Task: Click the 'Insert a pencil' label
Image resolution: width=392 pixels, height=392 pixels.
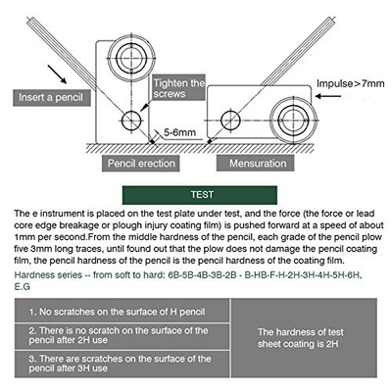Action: [x=52, y=97]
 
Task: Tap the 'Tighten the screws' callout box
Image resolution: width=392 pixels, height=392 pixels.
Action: [x=178, y=88]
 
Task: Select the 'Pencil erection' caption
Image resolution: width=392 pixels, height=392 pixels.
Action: [x=141, y=164]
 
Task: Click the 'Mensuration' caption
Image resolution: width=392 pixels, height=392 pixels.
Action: [x=255, y=164]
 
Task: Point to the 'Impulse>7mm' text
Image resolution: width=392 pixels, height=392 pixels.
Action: [x=351, y=83]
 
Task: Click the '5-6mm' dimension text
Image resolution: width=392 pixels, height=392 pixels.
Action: [x=179, y=132]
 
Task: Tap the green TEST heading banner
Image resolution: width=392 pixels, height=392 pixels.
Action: [x=200, y=195]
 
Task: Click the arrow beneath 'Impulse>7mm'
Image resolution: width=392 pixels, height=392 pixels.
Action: [x=328, y=96]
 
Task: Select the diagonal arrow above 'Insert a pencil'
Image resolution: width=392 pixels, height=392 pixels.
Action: [x=57, y=74]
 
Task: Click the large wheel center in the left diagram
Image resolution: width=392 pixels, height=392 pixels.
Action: [x=131, y=58]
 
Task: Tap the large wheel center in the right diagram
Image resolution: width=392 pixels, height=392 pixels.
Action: [x=294, y=120]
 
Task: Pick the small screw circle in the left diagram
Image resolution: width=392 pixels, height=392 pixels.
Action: [x=131, y=121]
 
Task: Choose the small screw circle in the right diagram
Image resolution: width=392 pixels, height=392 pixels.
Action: [x=230, y=121]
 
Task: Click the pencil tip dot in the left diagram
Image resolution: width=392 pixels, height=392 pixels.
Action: [x=152, y=141]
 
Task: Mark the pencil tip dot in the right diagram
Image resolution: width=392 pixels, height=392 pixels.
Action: [x=210, y=142]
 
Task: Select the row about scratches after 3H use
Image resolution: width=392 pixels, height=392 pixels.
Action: [x=122, y=364]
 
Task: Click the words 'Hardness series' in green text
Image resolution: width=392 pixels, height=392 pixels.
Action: [x=48, y=274]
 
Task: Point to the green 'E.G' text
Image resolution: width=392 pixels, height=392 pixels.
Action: [x=23, y=287]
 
